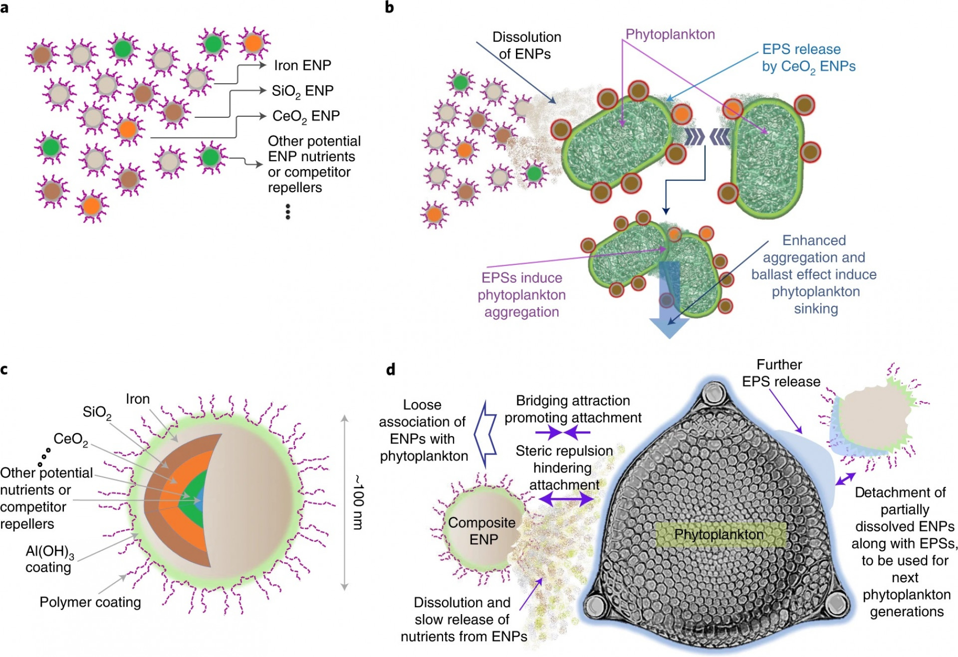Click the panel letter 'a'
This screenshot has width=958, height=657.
click(4, 8)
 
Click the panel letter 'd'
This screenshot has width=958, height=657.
click(391, 370)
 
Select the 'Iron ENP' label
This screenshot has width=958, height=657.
click(302, 65)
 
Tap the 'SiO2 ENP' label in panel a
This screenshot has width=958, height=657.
click(302, 91)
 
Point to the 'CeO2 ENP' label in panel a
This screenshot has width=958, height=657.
click(306, 116)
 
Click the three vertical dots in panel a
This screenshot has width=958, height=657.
click(288, 212)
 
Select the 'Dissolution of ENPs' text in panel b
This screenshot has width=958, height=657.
click(526, 45)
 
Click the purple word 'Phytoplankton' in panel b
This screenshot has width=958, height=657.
click(670, 34)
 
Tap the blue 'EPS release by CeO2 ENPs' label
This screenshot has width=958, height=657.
click(808, 58)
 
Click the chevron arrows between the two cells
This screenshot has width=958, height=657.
click(707, 136)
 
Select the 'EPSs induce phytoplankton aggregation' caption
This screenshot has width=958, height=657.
click(521, 295)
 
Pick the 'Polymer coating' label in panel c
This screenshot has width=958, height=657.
click(90, 602)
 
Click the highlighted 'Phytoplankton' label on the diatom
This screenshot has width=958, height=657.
click(719, 534)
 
